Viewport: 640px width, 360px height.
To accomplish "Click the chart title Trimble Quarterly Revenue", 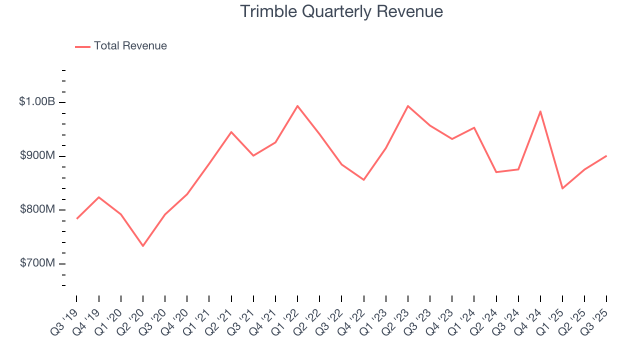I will [x=341, y=11].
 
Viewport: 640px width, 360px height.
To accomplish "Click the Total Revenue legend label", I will [x=130, y=46].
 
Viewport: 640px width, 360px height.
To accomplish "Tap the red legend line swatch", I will [x=82, y=46].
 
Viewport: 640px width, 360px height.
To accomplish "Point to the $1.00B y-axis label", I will [x=37, y=102].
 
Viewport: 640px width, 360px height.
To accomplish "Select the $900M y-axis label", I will [x=37, y=156].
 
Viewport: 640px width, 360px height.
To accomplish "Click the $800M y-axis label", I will [x=37, y=209].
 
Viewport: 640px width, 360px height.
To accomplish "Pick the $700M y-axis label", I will [x=37, y=263].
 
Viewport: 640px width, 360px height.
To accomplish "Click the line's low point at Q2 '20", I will [x=143, y=246].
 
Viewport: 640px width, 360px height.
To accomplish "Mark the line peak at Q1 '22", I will [x=297, y=106].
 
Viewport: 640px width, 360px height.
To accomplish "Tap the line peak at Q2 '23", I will [x=408, y=106].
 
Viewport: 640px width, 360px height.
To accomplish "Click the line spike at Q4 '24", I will [x=540, y=111].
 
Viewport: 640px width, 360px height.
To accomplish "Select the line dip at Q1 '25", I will [x=562, y=188].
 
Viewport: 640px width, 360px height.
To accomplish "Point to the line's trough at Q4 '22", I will [x=364, y=180].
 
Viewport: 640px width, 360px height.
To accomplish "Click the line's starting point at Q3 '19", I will [x=76, y=218].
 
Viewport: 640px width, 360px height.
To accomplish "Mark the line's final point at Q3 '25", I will [x=606, y=156].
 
